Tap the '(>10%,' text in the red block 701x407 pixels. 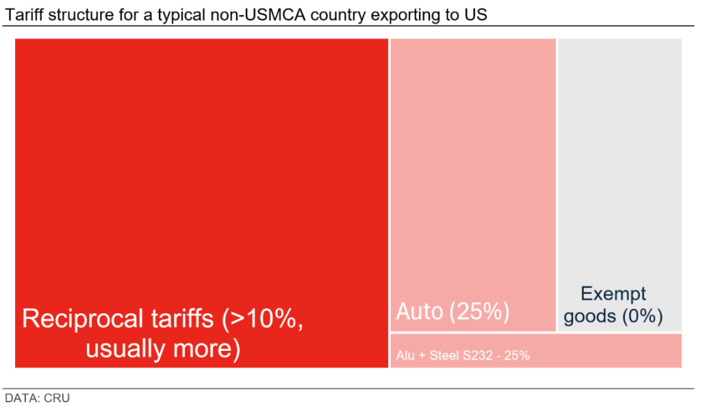click(264, 320)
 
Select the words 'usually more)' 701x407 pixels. click(163, 349)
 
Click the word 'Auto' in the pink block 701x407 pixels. click(420, 312)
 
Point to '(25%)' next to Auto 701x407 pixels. click(480, 312)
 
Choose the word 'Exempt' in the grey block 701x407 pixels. click(613, 294)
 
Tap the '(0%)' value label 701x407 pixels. click(642, 317)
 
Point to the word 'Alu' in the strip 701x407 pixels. click(405, 356)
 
